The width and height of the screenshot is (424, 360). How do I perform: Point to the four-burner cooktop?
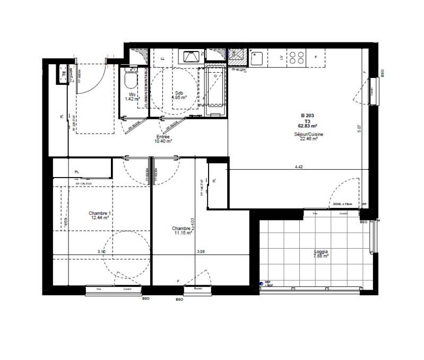[x=296, y=57]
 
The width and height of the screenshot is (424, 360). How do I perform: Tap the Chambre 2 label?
[x=181, y=229]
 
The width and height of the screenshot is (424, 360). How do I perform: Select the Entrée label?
[x=163, y=137]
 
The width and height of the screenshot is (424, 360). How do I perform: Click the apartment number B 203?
[x=308, y=116]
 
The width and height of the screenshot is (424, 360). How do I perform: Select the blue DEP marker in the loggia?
[x=261, y=284]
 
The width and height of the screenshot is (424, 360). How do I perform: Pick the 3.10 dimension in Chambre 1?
[x=101, y=251]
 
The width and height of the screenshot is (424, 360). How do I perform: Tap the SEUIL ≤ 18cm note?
[x=343, y=204]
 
